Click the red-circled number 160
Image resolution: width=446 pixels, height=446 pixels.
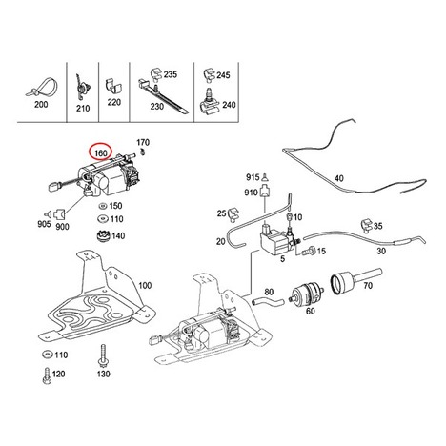(x=101, y=153)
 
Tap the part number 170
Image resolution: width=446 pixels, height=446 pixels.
(x=143, y=142)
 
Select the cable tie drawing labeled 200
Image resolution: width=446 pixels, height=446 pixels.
(x=42, y=87)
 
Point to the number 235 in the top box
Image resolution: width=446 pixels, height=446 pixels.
(x=171, y=74)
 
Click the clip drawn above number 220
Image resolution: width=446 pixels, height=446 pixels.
(x=113, y=86)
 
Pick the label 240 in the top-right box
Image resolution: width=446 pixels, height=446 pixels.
(x=229, y=105)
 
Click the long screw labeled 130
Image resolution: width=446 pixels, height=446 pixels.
(x=103, y=355)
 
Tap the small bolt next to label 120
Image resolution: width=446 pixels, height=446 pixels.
(x=47, y=375)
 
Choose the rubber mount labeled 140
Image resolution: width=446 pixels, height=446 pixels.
(x=103, y=236)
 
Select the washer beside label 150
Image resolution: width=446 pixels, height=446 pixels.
(x=103, y=206)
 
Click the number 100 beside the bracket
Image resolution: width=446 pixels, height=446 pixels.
(x=145, y=285)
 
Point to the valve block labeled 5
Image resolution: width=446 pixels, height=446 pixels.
(x=275, y=240)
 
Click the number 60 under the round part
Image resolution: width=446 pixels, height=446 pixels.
(x=311, y=311)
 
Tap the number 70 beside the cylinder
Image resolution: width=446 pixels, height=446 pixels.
(x=368, y=285)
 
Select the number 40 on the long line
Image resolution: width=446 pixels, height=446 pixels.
(x=339, y=178)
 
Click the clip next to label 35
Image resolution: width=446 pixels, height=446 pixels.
(x=367, y=225)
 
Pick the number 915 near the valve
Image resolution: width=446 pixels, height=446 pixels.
(x=253, y=177)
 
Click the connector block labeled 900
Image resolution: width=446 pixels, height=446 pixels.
(x=60, y=214)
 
